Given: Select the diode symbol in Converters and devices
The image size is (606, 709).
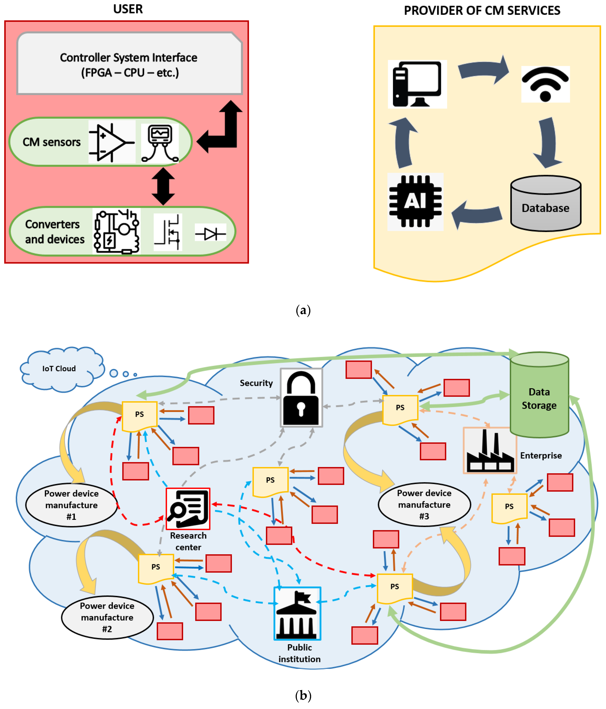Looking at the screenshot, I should [210, 234].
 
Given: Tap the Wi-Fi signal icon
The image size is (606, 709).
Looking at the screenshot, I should [545, 84].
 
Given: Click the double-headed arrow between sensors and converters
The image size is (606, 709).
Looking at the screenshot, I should [163, 186].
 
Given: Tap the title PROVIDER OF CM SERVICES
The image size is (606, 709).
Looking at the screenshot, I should [482, 11].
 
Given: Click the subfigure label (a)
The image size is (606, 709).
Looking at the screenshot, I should [303, 310].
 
